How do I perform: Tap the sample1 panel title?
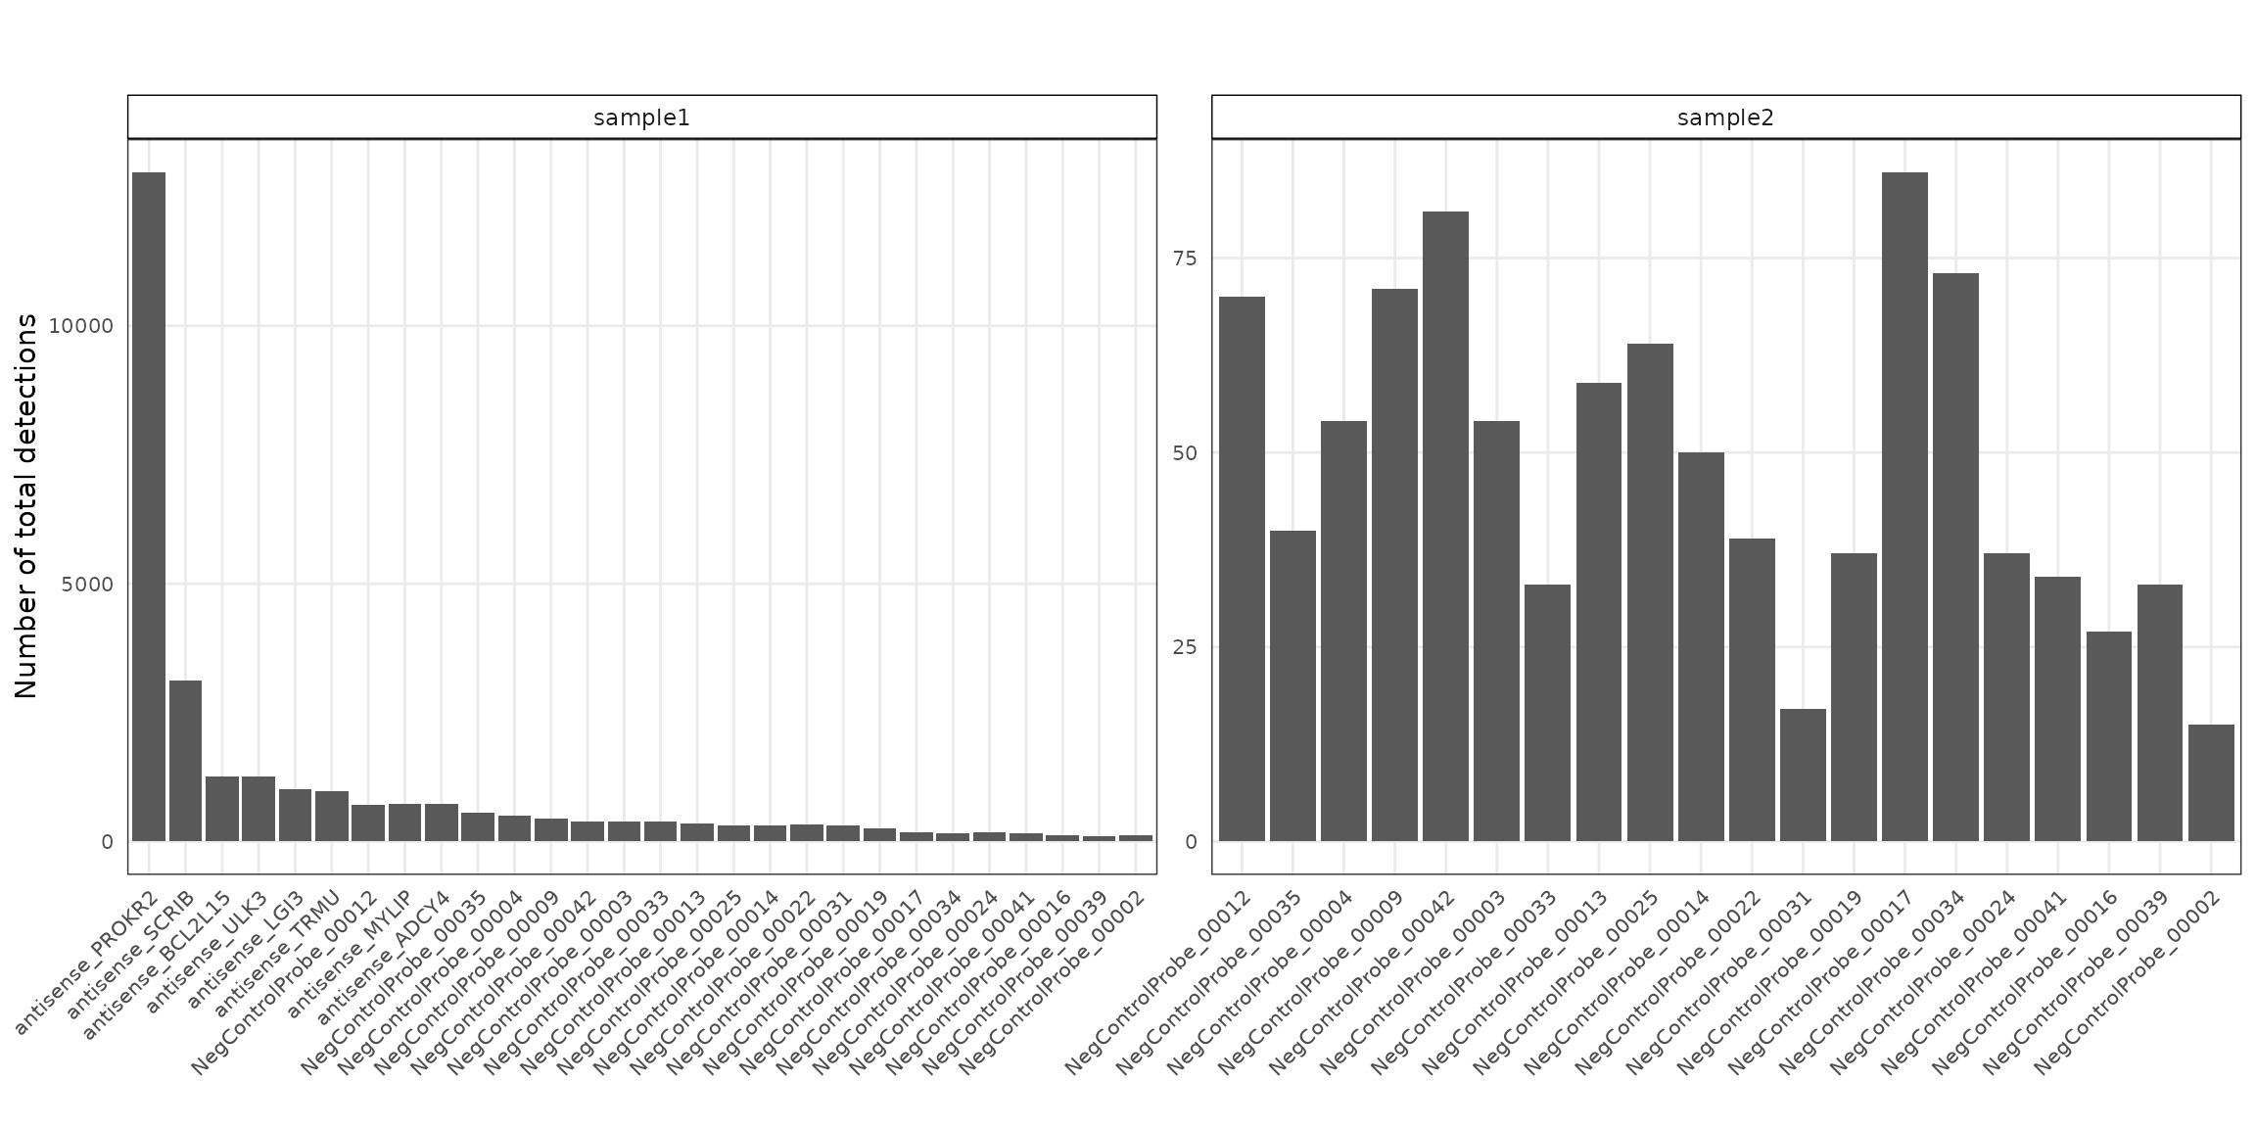641,118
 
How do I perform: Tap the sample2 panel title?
1725,118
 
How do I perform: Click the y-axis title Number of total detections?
26,506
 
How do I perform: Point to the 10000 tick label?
80,326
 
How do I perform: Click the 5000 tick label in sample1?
87,585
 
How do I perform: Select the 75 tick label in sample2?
1185,258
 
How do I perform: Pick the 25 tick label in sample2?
1185,647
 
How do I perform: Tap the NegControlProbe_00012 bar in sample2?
1242,569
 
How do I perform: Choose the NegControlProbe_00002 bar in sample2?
2211,782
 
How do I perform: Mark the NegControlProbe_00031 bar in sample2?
1803,775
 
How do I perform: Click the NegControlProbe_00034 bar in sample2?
1955,557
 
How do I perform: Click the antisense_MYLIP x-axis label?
351,963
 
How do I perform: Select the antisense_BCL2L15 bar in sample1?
222,809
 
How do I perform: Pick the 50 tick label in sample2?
1185,453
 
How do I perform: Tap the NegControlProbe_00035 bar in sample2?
1292,685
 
